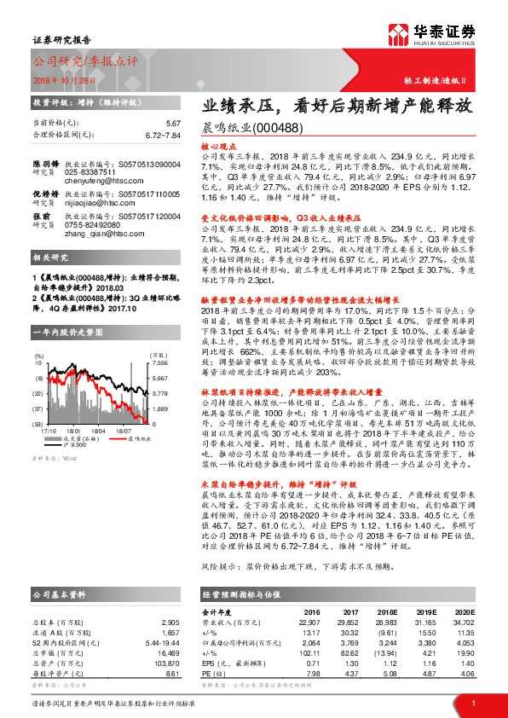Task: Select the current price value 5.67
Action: click(174, 124)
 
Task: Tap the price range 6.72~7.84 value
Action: click(162, 135)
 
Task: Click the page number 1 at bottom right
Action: click(473, 702)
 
